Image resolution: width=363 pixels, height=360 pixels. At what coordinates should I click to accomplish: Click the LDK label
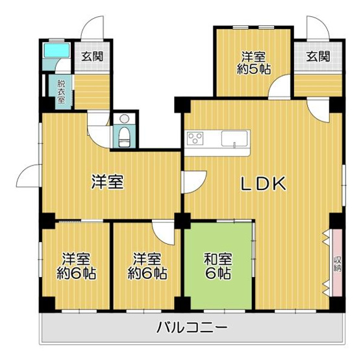coord(264,184)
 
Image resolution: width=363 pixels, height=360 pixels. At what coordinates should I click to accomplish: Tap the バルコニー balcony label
coord(192,328)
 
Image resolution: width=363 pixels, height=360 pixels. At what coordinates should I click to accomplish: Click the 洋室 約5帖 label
coord(254,62)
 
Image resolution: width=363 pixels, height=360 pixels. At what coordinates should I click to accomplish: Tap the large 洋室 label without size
coord(107,183)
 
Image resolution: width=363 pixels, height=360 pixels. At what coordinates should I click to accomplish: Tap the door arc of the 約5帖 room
coord(281,87)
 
